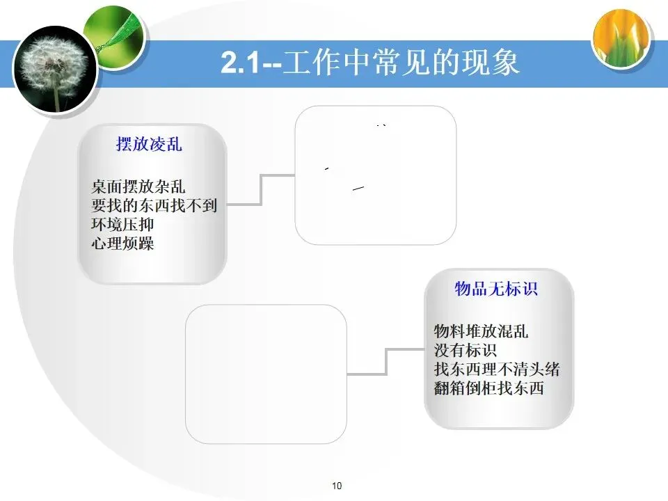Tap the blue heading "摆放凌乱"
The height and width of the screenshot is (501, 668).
click(149, 145)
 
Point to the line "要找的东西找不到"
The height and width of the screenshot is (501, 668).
click(154, 206)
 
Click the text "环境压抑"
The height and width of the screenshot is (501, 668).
click(122, 225)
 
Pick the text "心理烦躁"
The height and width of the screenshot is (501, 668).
click(122, 244)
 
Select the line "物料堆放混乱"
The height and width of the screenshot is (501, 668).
click(481, 331)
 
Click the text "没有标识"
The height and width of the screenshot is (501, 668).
click(466, 350)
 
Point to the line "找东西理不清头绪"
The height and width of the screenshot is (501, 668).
click(496, 369)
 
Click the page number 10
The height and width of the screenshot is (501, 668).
click(337, 486)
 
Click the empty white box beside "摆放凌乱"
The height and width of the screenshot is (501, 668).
click(376, 175)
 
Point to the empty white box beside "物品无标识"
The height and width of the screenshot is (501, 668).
click(266, 374)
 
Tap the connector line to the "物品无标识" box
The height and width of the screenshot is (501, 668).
click(386, 362)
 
